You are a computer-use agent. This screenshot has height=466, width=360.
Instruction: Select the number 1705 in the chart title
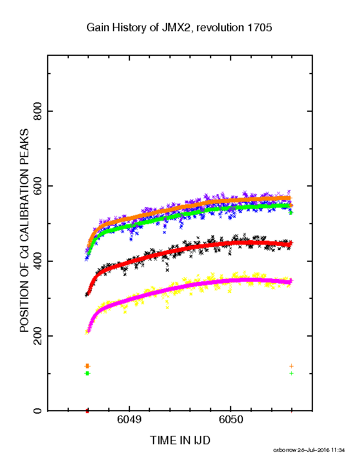(x=259, y=28)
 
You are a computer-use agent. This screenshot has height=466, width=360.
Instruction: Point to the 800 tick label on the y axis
(x=38, y=111)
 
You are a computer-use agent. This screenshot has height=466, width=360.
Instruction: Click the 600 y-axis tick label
(x=38, y=186)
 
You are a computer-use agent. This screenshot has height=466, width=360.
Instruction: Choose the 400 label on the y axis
(x=38, y=261)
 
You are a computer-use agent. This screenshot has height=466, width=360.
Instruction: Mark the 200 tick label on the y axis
(x=38, y=336)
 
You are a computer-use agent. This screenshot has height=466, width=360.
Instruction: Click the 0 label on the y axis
(x=38, y=411)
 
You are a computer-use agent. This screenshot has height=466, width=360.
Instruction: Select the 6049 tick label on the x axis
(x=129, y=420)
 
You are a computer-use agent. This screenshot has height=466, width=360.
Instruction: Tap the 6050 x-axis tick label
(x=231, y=420)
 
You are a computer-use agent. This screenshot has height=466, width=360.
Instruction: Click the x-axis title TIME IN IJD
(x=180, y=440)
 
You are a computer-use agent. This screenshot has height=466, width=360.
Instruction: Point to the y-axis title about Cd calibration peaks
(x=24, y=231)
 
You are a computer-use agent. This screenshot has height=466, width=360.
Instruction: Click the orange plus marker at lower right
(x=291, y=366)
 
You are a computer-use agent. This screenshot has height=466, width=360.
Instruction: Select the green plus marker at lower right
(x=291, y=373)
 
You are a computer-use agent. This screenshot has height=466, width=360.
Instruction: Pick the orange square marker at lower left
(x=87, y=366)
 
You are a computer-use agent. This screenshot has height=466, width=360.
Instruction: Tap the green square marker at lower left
(x=87, y=373)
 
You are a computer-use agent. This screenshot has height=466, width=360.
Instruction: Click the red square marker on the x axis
(x=87, y=411)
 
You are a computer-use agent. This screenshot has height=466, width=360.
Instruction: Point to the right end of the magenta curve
(x=292, y=281)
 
